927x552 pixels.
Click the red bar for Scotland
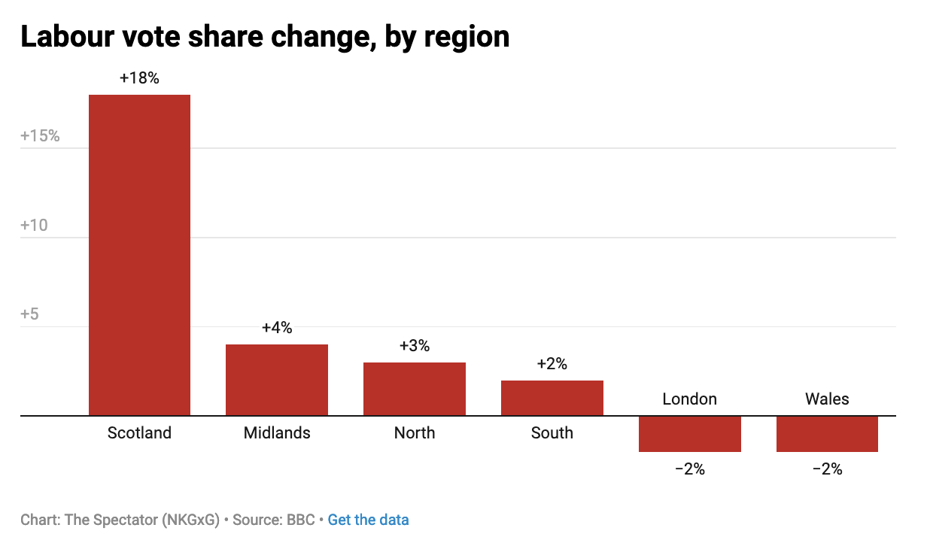pyautogui.click(x=139, y=255)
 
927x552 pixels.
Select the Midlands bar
pyautogui.click(x=277, y=380)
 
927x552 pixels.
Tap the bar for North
pyautogui.click(x=415, y=389)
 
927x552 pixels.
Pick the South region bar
pyautogui.click(x=552, y=398)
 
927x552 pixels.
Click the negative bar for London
pyautogui.click(x=690, y=434)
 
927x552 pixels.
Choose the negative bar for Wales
pyautogui.click(x=827, y=434)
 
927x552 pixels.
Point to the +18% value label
pyautogui.click(x=139, y=77)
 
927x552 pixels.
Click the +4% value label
pyautogui.click(x=277, y=328)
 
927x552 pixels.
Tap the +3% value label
pyautogui.click(x=415, y=346)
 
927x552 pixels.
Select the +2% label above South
pyautogui.click(x=552, y=364)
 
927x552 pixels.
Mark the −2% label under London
pyautogui.click(x=690, y=469)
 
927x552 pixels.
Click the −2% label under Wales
pyautogui.click(x=827, y=469)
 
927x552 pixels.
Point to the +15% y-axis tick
pyautogui.click(x=40, y=136)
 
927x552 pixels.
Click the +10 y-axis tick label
pyautogui.click(x=35, y=225)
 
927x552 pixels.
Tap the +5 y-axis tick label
pyautogui.click(x=29, y=314)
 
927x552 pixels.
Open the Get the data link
pyautogui.click(x=368, y=520)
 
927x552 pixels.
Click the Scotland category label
pyautogui.click(x=139, y=433)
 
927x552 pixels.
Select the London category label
pyautogui.click(x=690, y=399)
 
